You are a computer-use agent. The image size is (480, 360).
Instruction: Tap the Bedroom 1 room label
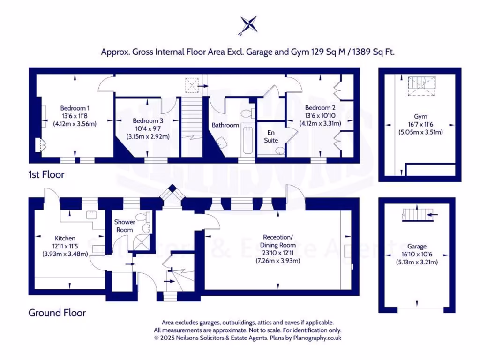click(72, 108)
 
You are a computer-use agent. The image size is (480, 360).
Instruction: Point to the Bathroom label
click(225, 125)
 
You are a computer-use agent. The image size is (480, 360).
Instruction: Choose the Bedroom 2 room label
click(320, 108)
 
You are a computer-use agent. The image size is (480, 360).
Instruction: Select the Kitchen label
click(65, 238)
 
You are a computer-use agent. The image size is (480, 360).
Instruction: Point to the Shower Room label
click(125, 225)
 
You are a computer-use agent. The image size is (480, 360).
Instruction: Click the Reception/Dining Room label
click(278, 241)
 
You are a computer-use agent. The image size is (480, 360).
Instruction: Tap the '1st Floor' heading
click(46, 175)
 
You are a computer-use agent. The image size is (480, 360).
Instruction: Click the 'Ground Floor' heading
click(57, 313)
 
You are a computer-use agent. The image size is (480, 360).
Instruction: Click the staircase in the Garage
click(417, 214)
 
